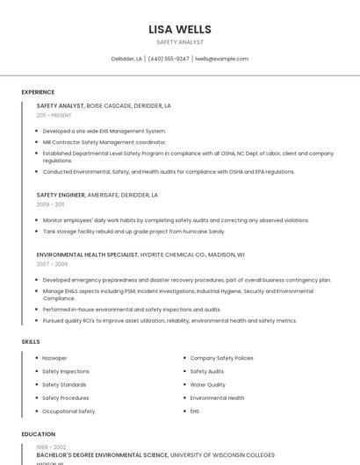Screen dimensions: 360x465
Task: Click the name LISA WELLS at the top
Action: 180,29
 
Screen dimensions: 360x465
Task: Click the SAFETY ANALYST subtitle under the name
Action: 180,42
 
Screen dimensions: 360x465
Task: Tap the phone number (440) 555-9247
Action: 169,59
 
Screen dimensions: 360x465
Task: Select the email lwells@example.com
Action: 221,59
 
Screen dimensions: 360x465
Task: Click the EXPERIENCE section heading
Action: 38,92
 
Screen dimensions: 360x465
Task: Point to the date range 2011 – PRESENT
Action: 54,115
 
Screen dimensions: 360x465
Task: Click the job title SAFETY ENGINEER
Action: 61,195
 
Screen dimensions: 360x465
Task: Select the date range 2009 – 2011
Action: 50,204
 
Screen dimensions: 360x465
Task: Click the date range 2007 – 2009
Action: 52,263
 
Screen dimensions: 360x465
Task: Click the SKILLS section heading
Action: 31,341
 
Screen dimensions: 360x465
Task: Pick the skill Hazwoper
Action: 54,358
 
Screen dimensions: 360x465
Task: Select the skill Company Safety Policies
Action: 221,358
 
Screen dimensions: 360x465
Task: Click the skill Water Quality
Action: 207,384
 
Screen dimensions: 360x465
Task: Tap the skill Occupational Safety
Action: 68,411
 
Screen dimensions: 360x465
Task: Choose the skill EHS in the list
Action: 195,411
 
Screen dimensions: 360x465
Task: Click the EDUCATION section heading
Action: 38,433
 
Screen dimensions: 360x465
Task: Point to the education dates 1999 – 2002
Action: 51,447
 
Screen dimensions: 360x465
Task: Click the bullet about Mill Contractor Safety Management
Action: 104,141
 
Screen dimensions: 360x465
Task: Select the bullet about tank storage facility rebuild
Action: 133,232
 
